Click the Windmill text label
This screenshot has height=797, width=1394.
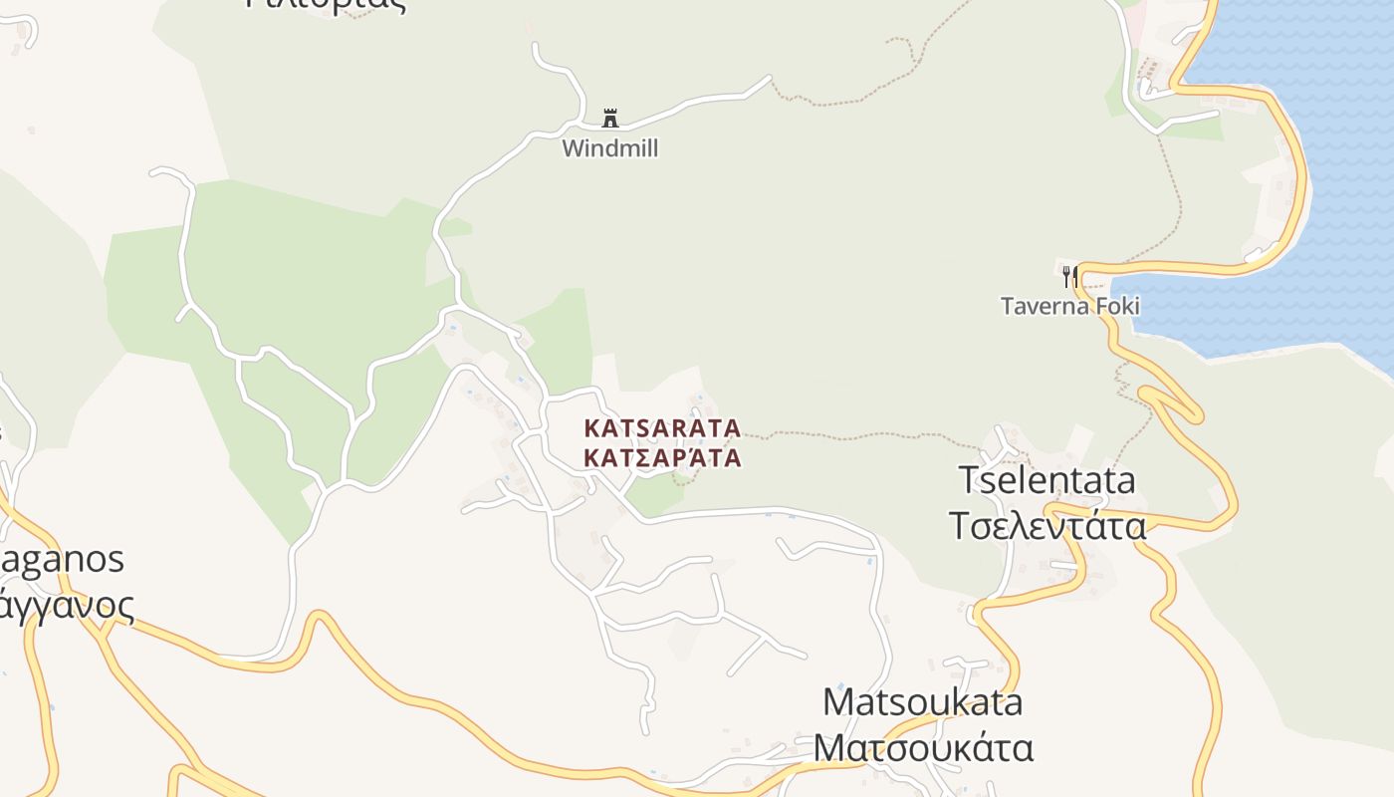pos(609,148)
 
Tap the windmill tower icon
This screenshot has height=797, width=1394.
pos(610,119)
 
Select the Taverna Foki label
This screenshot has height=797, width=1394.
pos(1070,306)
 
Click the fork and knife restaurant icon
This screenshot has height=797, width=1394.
pos(1070,275)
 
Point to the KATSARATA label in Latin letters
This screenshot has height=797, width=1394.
pos(662,428)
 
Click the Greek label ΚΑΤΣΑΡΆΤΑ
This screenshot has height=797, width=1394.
pos(662,458)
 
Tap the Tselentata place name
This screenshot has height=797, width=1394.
pos(1046,480)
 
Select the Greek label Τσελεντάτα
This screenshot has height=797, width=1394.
pos(1047,525)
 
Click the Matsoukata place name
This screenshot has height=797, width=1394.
pos(923,701)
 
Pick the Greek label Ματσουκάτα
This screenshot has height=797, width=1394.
pos(923,746)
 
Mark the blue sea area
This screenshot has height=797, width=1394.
pos(1314,149)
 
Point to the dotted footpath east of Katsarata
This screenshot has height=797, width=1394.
pos(856,435)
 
